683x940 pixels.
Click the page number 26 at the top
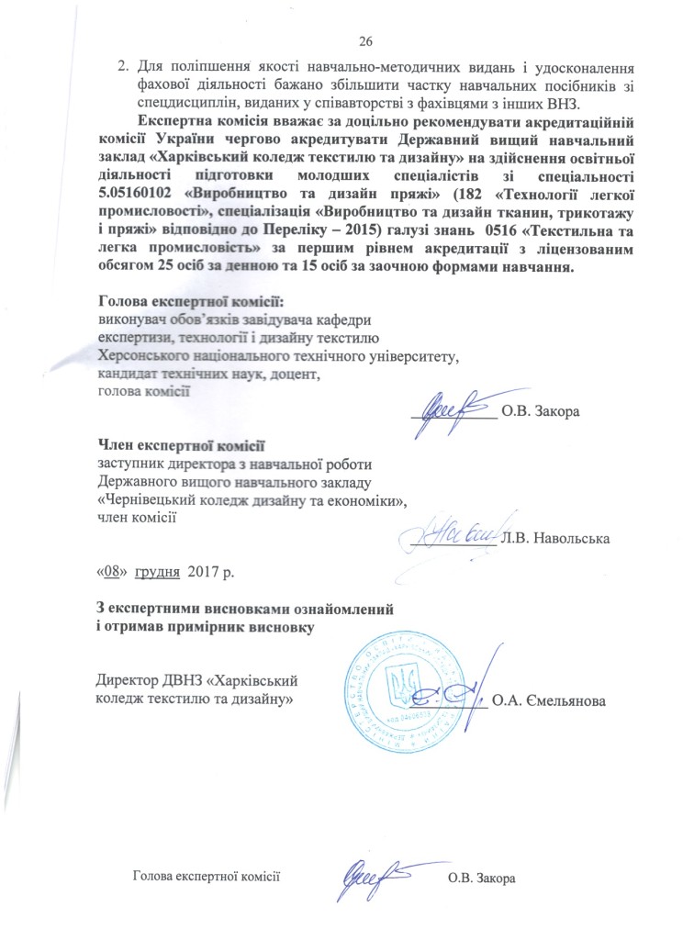(365, 39)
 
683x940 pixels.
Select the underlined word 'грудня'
(158, 574)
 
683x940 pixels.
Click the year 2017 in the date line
(203, 574)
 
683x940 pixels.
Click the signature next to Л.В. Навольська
(450, 532)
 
